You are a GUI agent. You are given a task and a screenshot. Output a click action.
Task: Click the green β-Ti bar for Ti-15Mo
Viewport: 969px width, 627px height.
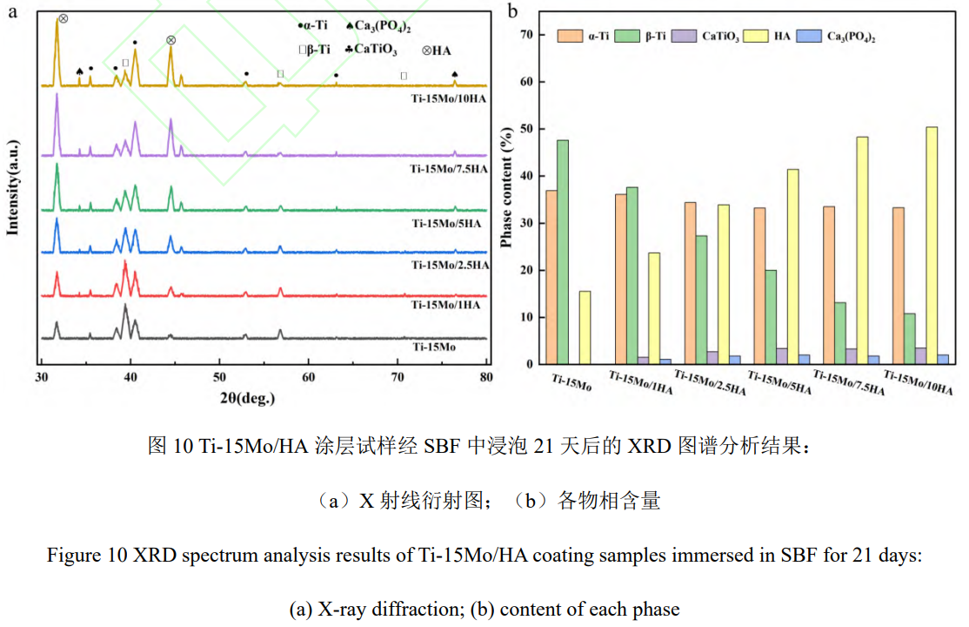(564, 252)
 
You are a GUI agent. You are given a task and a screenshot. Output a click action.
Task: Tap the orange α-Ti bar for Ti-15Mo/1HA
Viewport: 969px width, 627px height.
(621, 279)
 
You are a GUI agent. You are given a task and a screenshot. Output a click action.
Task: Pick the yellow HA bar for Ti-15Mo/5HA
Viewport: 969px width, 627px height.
(793, 266)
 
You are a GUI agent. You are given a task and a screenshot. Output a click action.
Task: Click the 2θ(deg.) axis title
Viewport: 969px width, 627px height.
(247, 398)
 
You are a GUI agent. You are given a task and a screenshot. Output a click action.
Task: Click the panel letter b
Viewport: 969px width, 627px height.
(513, 10)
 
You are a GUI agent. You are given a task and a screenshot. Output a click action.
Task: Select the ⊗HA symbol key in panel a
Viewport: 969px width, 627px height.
(436, 50)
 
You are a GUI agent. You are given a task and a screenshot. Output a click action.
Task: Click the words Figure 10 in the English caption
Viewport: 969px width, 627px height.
(79, 556)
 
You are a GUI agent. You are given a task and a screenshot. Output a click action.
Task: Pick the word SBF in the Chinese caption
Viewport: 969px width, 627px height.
(442, 447)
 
